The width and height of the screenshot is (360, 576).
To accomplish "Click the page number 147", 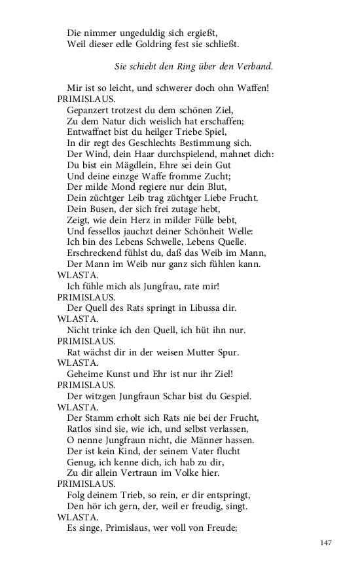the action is [327, 543].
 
